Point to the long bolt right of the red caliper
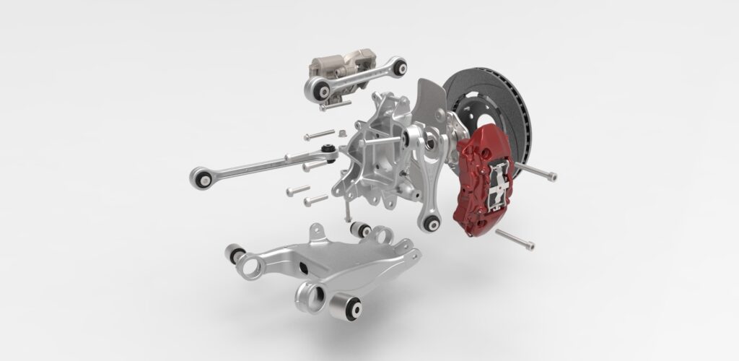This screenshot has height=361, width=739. [538, 171]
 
